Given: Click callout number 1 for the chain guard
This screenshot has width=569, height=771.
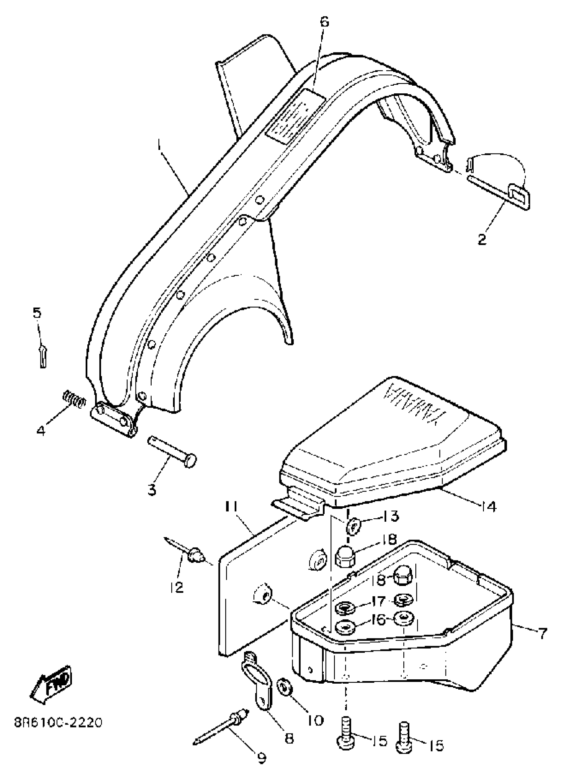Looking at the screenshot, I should [x=159, y=146].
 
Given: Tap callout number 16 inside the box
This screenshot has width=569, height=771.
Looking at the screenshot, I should [x=379, y=620].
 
